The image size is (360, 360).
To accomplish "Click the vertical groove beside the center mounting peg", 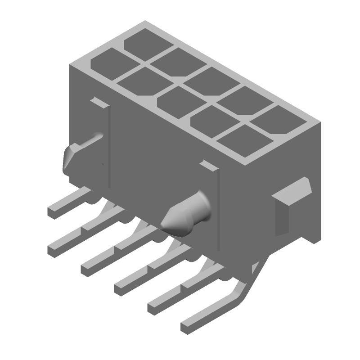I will click(218, 207).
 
